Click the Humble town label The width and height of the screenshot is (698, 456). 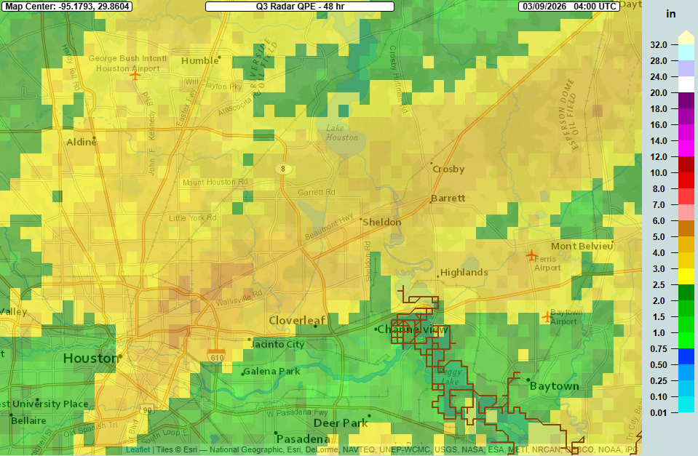(x=199, y=61)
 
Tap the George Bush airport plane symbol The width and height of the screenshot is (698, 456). (x=135, y=74)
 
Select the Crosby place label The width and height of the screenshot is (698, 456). (x=448, y=169)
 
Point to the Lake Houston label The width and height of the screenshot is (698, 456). (x=342, y=133)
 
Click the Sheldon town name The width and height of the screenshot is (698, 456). (x=382, y=222)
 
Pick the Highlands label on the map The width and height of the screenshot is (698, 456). (x=464, y=273)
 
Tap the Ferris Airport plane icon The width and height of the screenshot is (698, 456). (x=531, y=255)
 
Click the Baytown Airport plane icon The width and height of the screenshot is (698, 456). (x=547, y=316)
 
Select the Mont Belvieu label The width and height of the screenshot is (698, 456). (x=582, y=247)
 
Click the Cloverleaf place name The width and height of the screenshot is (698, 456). (x=298, y=321)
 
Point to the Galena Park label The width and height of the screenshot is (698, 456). (x=271, y=372)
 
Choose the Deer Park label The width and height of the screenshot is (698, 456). (x=341, y=423)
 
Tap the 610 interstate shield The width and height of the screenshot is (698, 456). (x=216, y=356)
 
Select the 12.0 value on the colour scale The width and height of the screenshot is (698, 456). (x=658, y=156)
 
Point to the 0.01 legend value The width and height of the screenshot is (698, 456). (x=658, y=412)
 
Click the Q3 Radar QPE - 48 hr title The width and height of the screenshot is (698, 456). (x=299, y=6)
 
